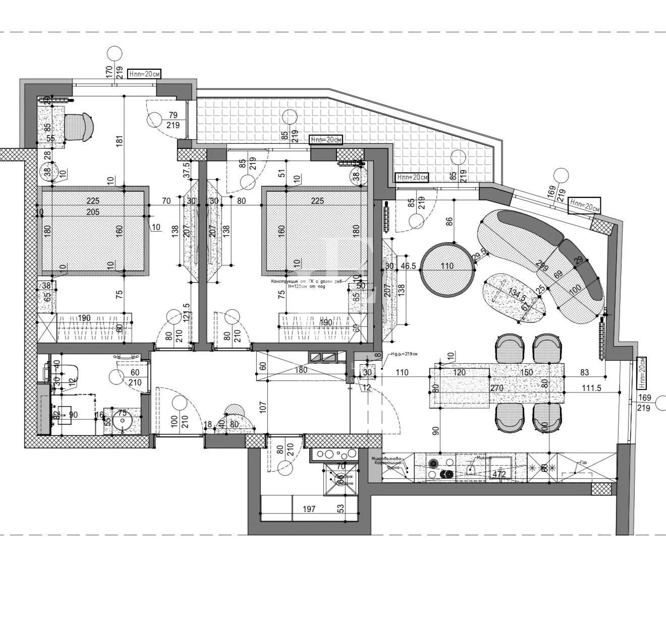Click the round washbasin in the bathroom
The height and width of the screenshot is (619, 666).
122,421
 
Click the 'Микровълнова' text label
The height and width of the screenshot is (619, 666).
386,458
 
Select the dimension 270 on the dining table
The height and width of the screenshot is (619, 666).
496,388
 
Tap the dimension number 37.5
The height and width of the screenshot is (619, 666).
187,171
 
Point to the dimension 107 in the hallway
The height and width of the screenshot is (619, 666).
262,406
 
